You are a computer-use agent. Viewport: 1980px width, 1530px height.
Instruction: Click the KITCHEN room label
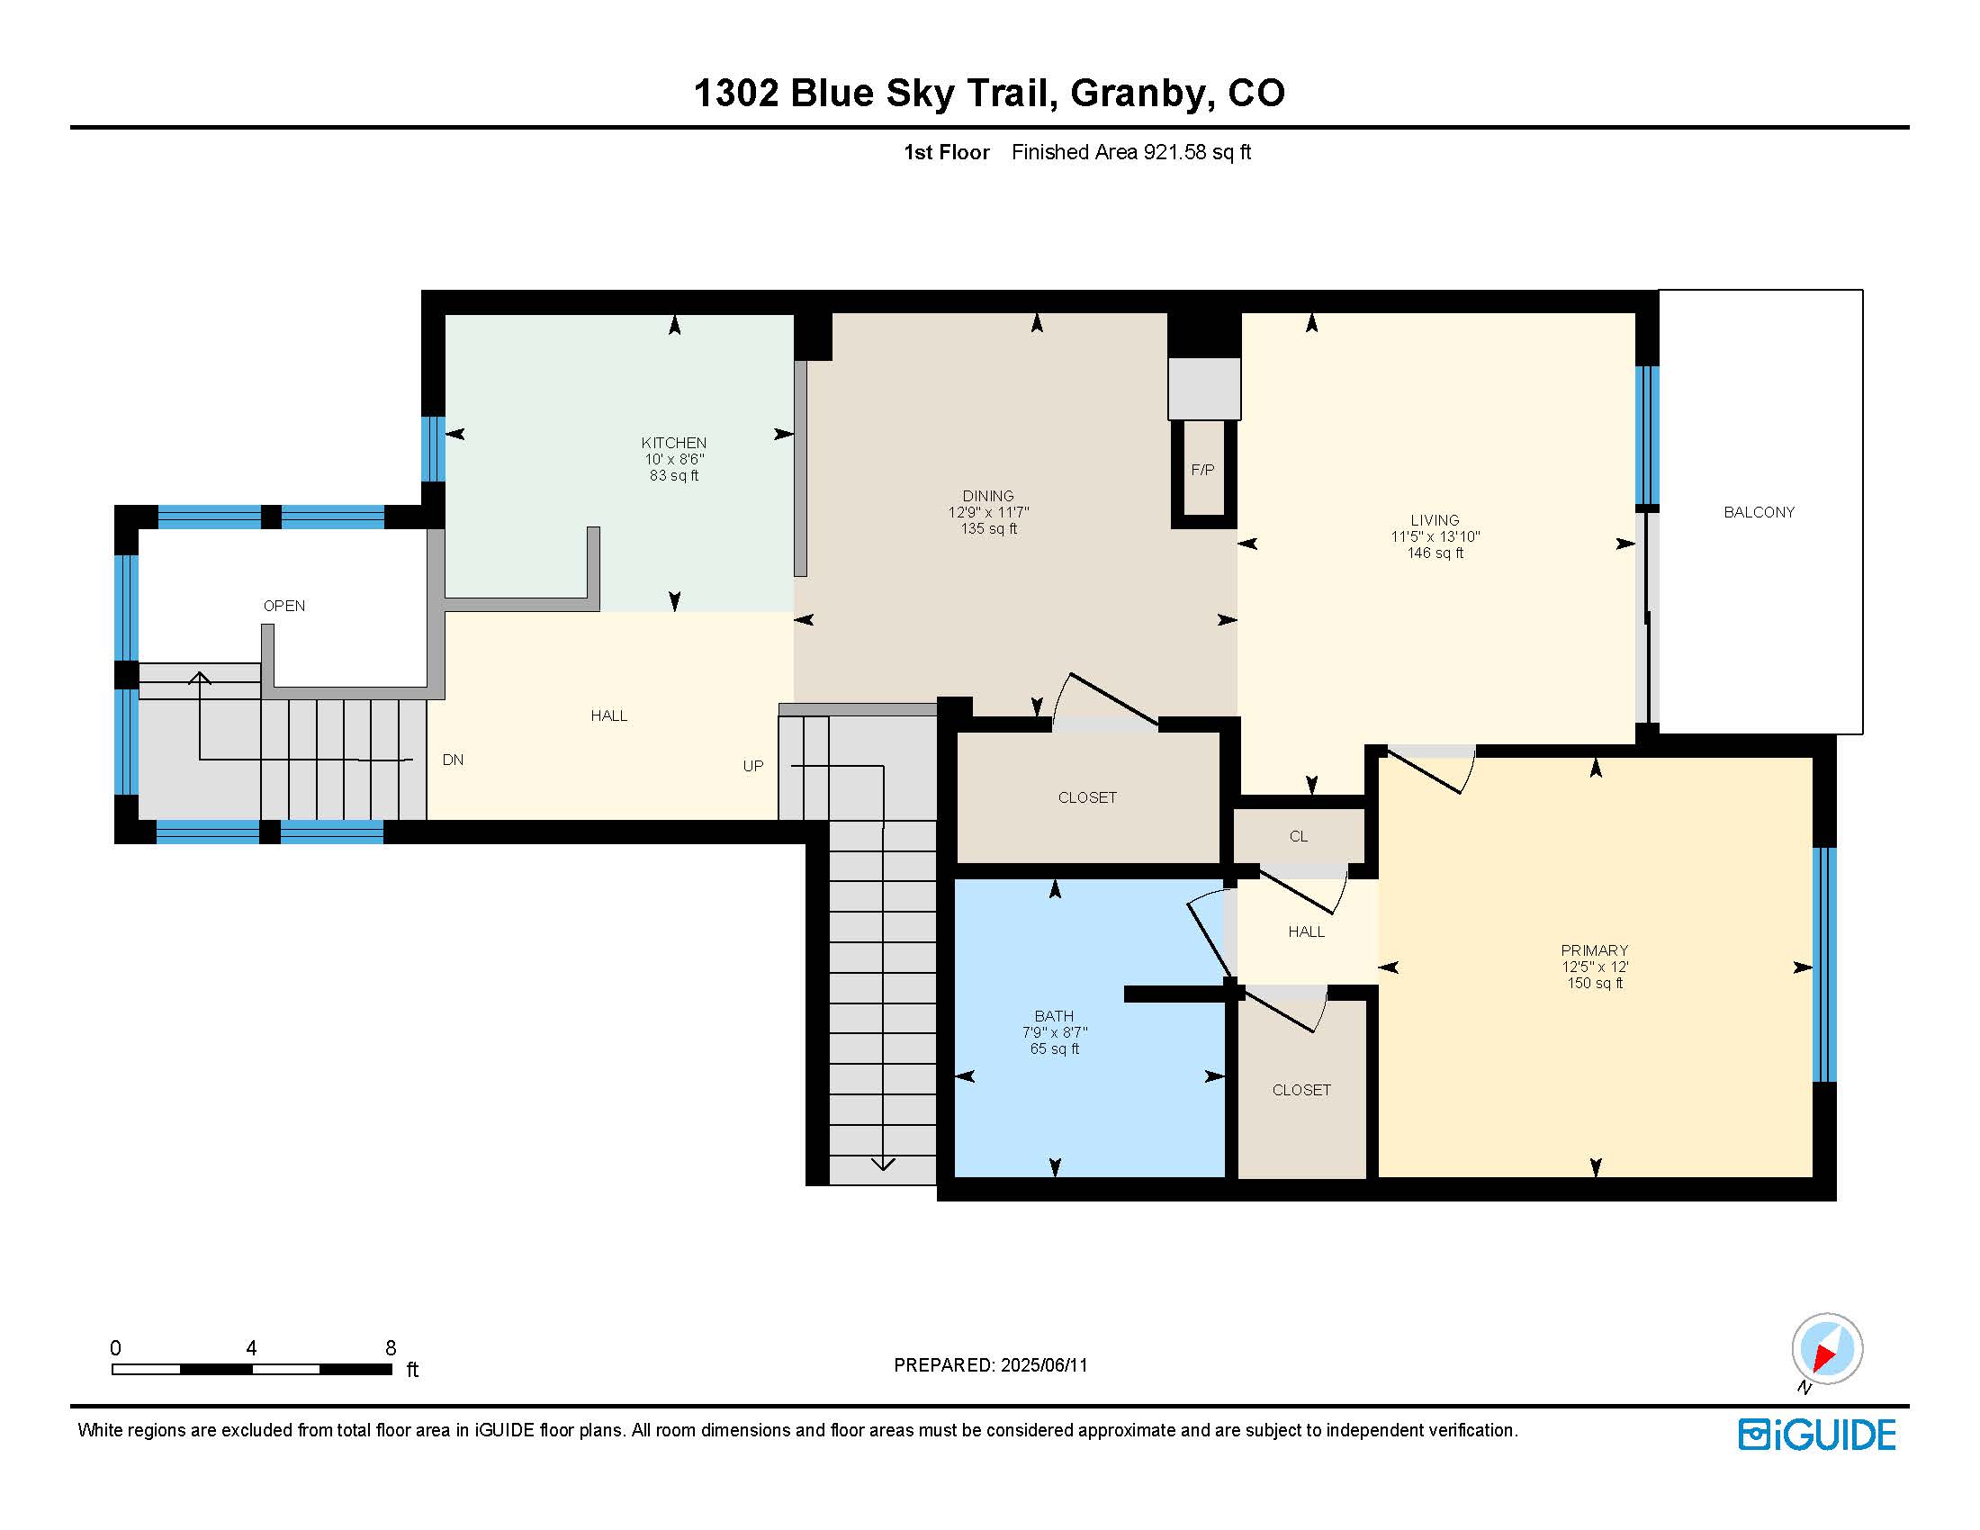(x=673, y=442)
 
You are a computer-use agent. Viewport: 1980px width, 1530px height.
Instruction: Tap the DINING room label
(x=988, y=496)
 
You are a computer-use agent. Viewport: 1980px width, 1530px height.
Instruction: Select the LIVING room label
(x=1435, y=520)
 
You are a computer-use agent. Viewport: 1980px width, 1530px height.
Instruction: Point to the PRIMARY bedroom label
(x=1595, y=949)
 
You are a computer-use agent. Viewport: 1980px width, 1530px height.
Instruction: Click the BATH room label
(x=1054, y=1016)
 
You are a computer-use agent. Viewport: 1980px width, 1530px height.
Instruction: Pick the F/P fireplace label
(x=1202, y=470)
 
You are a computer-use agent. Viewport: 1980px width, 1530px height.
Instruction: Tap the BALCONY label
(x=1759, y=512)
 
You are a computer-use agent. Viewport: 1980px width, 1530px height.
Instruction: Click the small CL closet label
(x=1298, y=836)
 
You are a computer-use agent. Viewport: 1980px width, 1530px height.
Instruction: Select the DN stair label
(x=453, y=760)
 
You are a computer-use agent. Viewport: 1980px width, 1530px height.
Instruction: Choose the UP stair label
(x=752, y=766)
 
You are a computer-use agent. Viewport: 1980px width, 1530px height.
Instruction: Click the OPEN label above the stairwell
(x=283, y=606)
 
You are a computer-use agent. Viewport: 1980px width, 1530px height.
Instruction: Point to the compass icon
(x=1827, y=1349)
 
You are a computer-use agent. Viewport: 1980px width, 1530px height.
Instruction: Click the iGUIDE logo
(x=1817, y=1435)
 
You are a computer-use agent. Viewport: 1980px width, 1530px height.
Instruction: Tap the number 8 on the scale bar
(x=391, y=1348)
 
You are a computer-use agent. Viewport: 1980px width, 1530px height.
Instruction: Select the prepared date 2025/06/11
(x=1043, y=1365)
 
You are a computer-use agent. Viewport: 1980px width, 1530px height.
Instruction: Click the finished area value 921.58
(x=1174, y=152)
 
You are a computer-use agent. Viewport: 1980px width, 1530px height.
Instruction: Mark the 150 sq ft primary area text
(x=1595, y=983)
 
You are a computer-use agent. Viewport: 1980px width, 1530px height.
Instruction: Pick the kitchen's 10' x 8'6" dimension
(x=673, y=459)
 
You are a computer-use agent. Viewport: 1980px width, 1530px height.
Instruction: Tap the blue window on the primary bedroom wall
(x=1824, y=965)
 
